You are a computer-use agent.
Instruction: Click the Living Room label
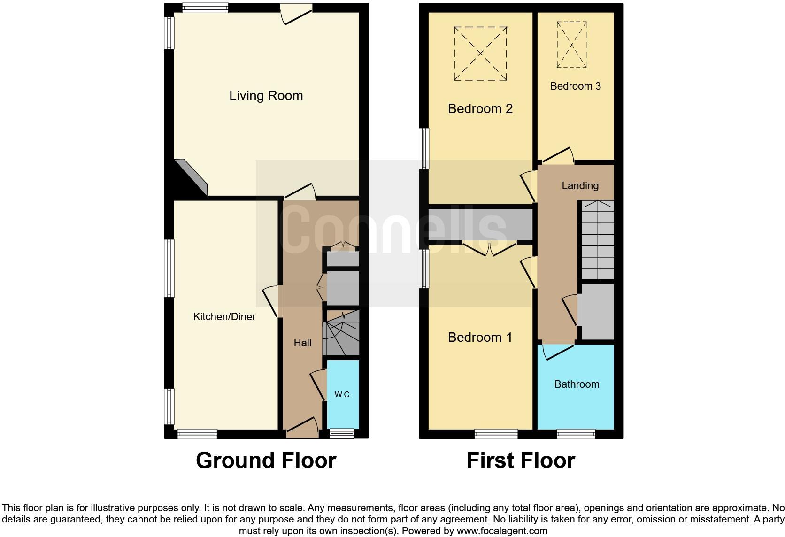[x=266, y=96]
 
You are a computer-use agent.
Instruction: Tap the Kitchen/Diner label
[x=224, y=317]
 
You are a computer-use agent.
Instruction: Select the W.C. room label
[x=343, y=395]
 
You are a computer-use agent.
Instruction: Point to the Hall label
[x=302, y=343]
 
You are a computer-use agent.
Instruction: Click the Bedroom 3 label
[x=575, y=86]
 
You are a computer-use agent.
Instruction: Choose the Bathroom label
[x=577, y=384]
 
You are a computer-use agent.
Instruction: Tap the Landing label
[x=580, y=186]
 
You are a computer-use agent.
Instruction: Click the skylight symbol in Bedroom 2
[x=480, y=54]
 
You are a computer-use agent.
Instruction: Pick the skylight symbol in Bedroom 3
[x=572, y=45]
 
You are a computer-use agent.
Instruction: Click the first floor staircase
[x=598, y=240]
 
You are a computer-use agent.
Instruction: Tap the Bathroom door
[x=558, y=351]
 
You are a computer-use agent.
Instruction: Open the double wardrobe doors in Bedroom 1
[x=490, y=249]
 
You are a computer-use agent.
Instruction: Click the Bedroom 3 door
[x=557, y=156]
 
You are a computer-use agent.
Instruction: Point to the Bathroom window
[x=576, y=434]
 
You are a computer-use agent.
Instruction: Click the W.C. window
[x=342, y=434]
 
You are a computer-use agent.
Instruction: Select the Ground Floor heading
[x=266, y=460]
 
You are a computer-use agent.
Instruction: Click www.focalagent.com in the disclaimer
[x=502, y=531]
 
